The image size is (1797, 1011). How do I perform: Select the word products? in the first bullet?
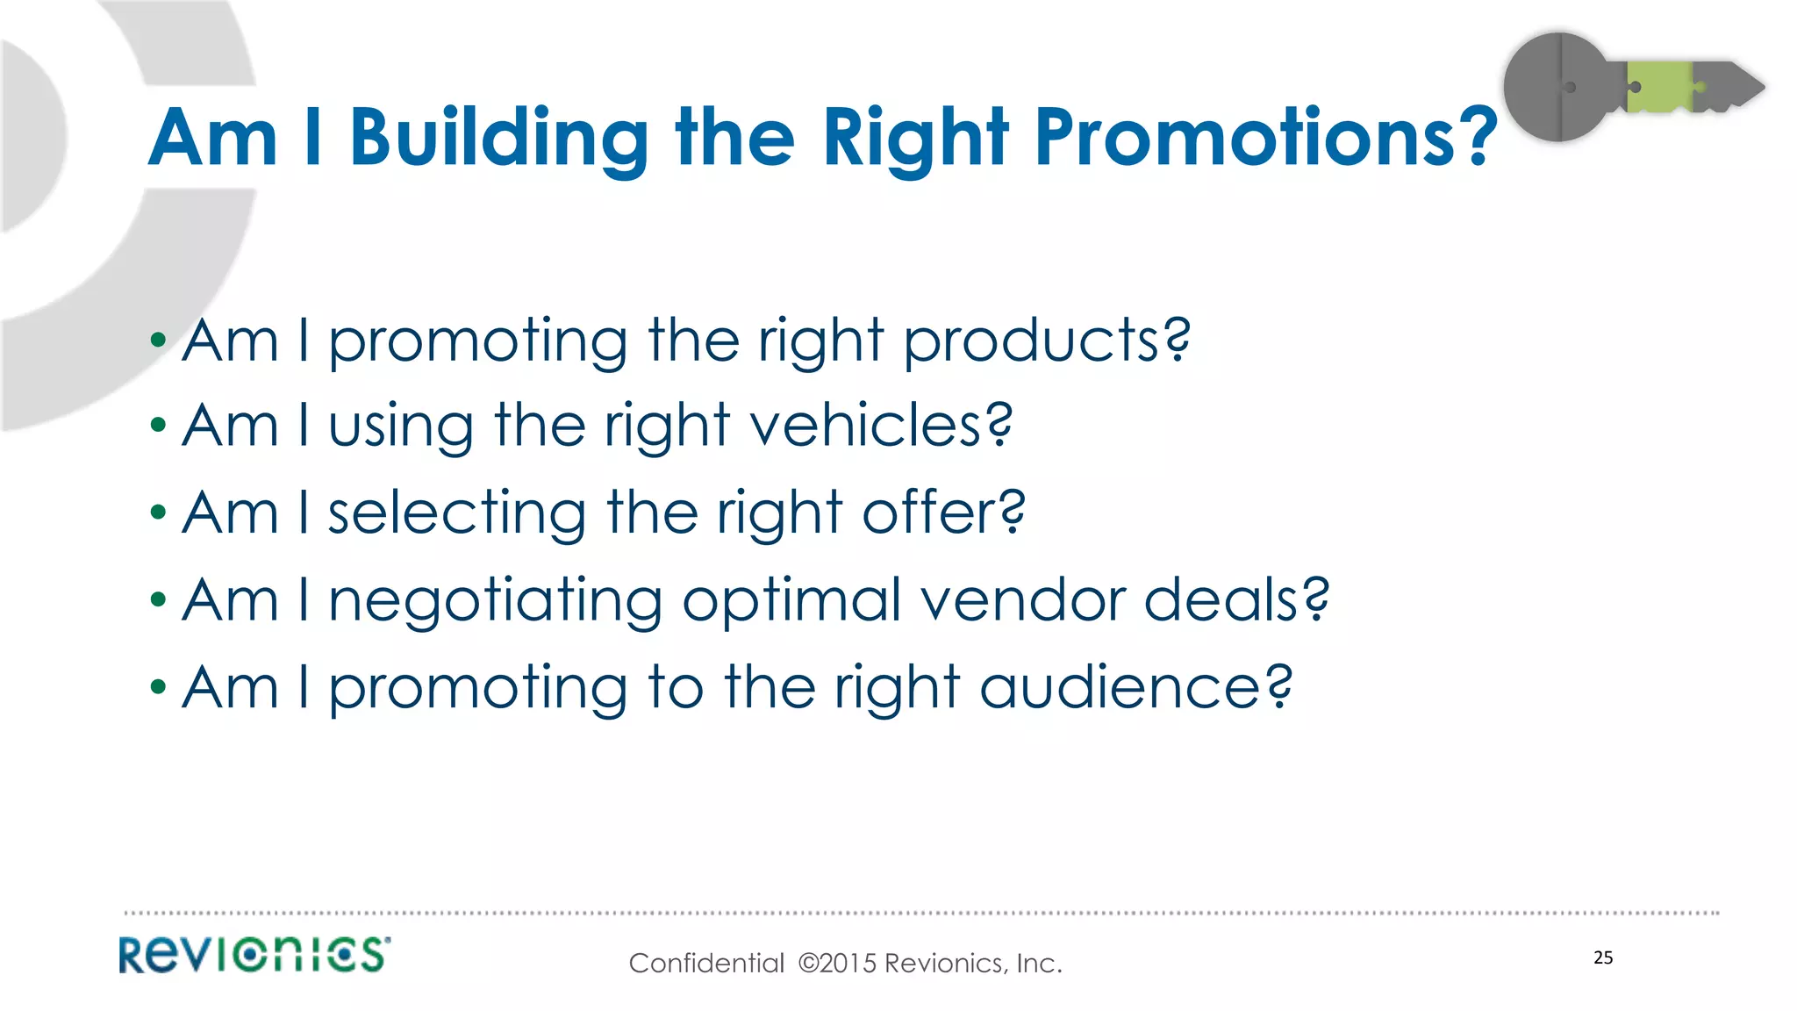(1047, 342)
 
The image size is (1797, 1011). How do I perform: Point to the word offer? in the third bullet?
(943, 513)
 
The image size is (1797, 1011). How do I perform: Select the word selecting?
(456, 514)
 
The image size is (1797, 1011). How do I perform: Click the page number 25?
(1603, 957)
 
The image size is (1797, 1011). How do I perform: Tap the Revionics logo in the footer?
(254, 955)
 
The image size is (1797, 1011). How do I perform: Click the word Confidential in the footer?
(706, 964)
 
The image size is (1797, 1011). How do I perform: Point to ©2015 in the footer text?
(837, 964)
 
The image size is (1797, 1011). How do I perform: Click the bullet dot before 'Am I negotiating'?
(158, 600)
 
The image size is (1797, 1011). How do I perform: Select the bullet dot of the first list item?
(158, 340)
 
